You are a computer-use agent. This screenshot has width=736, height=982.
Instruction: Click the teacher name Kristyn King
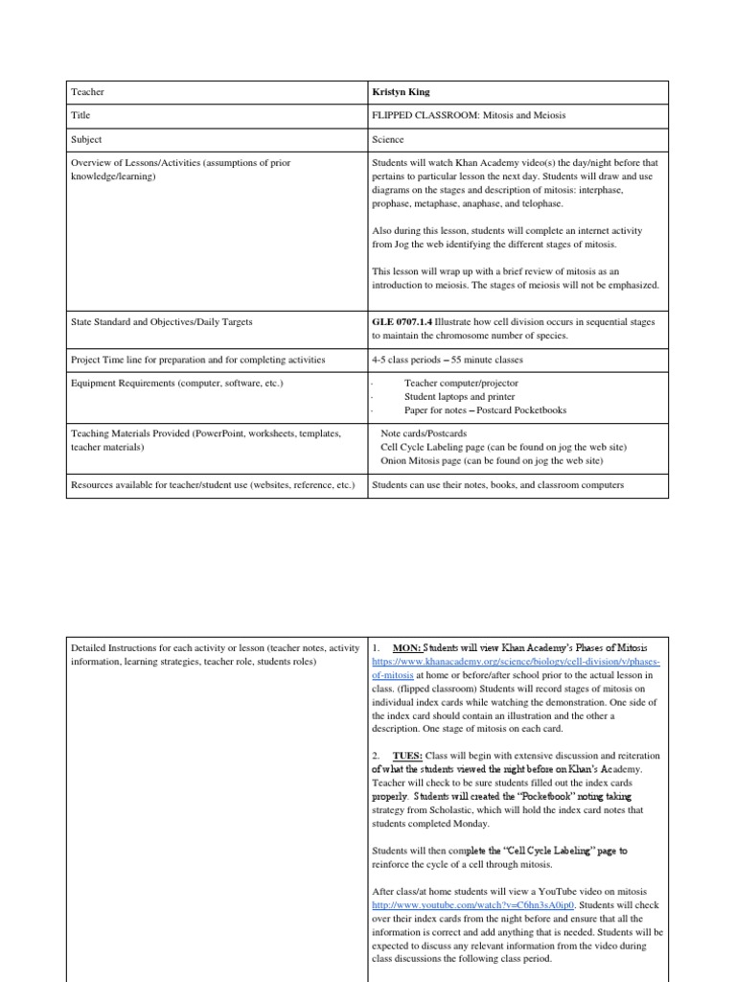(401, 92)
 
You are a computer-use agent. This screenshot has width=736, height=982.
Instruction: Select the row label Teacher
(88, 92)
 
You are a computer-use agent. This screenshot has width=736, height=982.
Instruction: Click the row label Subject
(87, 139)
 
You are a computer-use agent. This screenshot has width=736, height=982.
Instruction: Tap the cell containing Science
(388, 139)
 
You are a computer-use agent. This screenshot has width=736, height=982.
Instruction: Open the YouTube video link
(472, 904)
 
